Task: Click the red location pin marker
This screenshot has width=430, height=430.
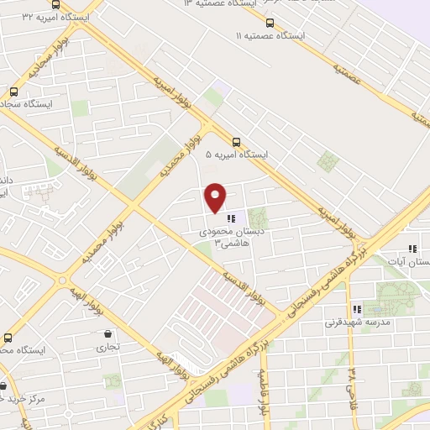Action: pyautogui.click(x=216, y=197)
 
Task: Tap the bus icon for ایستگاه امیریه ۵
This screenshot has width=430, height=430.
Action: pyautogui.click(x=237, y=143)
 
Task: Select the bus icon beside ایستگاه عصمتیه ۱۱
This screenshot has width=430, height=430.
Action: pyautogui.click(x=269, y=24)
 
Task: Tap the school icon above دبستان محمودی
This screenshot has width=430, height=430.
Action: pyautogui.click(x=231, y=218)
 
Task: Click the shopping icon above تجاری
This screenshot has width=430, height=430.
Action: pyautogui.click(x=109, y=334)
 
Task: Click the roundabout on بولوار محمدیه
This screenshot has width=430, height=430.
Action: pyautogui.click(x=61, y=280)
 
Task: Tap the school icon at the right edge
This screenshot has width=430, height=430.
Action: pyautogui.click(x=412, y=249)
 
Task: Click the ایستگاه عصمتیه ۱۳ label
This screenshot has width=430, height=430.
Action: pyautogui.click(x=214, y=3)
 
